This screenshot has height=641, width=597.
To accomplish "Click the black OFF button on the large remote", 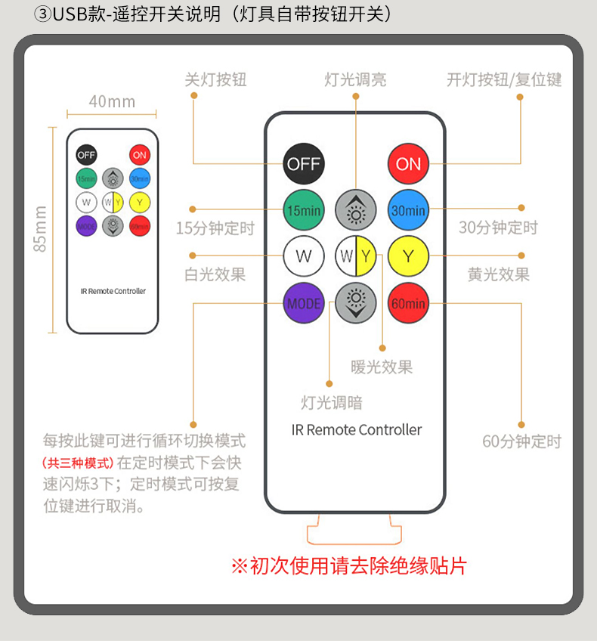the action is [303, 163].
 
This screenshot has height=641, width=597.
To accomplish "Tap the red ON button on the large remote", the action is [408, 163].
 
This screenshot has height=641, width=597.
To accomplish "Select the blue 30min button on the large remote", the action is [408, 210].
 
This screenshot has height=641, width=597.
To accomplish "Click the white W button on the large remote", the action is [303, 256].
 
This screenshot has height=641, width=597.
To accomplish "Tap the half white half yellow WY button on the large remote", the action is [356, 256].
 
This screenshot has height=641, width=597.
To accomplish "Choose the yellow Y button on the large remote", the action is [408, 256].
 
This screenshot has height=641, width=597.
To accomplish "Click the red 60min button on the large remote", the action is [408, 303].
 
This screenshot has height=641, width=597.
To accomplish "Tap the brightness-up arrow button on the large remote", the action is [356, 210].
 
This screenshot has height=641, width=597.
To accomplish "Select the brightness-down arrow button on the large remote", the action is [356, 303].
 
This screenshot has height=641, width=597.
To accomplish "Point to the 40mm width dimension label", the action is [112, 101].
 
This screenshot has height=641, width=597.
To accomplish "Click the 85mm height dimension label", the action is [41, 229].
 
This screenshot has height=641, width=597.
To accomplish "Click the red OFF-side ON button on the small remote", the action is [140, 155].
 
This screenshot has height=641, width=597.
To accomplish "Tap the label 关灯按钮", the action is [215, 79].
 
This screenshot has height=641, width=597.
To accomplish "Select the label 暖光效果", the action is [382, 367].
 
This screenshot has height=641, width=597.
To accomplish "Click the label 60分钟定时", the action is [521, 441].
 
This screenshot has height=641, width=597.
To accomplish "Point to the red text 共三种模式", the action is [77, 463].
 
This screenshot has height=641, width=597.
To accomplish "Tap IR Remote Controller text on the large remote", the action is [356, 429].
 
